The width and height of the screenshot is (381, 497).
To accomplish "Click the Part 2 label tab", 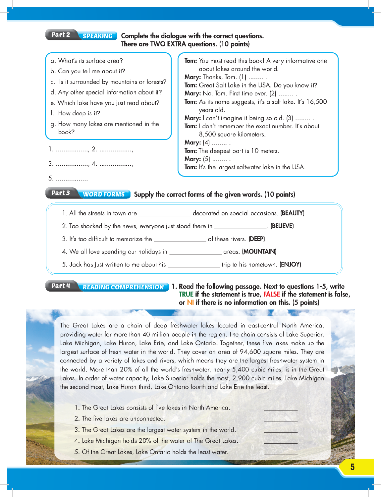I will click(61, 34).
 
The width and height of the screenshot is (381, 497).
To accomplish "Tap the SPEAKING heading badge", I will click(97, 36).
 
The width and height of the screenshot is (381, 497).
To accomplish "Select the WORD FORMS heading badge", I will click(104, 194).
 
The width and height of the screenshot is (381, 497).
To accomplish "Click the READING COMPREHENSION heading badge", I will click(123, 287).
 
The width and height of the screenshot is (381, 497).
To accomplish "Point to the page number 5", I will click(352, 467).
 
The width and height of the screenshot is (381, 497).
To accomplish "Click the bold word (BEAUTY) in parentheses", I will click(292, 213).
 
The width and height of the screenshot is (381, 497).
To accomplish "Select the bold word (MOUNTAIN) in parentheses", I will click(259, 251).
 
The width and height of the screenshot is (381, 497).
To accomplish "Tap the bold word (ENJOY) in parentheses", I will click(290, 264).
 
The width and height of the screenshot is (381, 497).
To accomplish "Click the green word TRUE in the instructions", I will click(186, 294).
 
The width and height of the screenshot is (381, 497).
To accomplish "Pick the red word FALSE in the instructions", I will click(271, 294).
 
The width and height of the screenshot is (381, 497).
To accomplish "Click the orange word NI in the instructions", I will click(190, 302).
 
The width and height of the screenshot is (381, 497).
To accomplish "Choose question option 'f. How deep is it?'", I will click(75, 113).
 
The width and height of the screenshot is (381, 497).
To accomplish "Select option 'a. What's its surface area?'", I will click(86, 61).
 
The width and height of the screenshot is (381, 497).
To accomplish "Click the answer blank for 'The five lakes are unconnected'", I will click(280, 419).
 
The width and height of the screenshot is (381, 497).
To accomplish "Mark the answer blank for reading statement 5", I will click(280, 453).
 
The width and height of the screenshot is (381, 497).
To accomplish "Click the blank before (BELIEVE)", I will click(240, 227).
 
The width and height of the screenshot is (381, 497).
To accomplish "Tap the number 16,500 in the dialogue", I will click(316, 102).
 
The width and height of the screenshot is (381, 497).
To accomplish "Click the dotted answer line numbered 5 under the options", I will click(72, 179).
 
